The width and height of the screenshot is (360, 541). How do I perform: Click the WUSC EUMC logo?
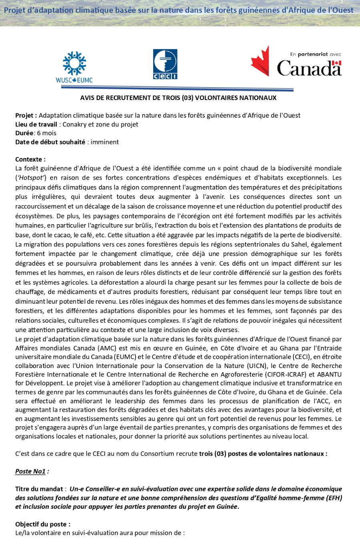[74, 67]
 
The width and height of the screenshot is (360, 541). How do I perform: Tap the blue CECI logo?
[165, 64]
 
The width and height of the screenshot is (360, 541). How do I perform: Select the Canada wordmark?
[309, 68]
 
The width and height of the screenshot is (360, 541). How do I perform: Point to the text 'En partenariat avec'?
[316, 54]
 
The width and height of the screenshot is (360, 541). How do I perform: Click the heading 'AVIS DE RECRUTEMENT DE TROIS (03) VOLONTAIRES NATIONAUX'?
[178, 98]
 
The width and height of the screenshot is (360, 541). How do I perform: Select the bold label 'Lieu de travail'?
[36, 124]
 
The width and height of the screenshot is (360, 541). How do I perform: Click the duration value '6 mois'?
[46, 133]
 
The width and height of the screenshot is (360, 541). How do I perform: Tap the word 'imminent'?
[105, 142]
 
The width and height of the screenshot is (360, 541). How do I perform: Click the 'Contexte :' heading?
[30, 159]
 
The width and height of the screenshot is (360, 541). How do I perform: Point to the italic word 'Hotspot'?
[32, 178]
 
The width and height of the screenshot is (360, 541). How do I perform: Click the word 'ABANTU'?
[329, 375]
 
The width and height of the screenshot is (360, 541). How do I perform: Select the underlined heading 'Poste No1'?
[30, 471]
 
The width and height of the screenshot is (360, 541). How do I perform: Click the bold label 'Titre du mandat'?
[39, 489]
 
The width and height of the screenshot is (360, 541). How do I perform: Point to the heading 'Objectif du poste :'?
[43, 524]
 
